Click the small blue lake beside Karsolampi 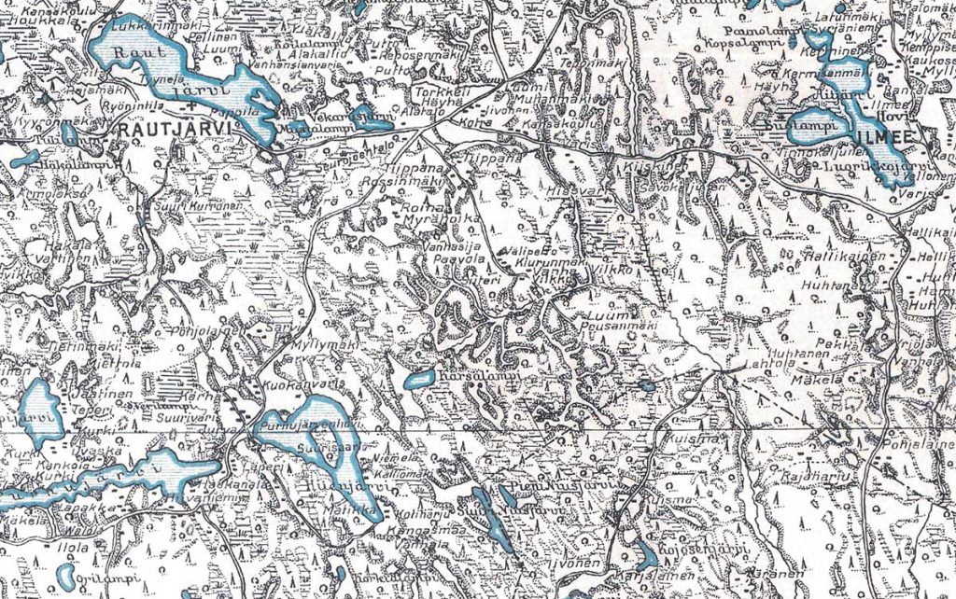click(419, 379)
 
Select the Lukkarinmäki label click(142, 26)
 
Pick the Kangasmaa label click(432, 529)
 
